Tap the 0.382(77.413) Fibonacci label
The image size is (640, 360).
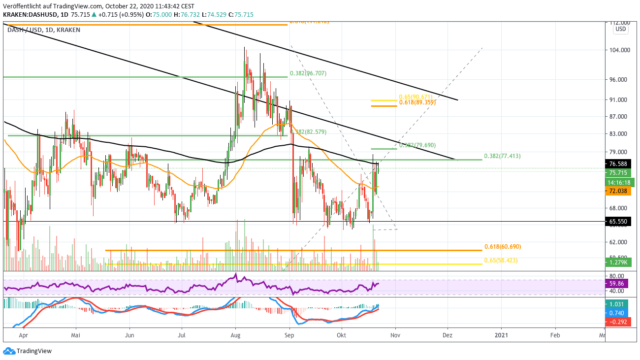[x=502, y=156]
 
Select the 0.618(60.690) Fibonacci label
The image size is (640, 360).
[x=502, y=247]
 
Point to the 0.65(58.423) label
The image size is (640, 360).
[x=501, y=261]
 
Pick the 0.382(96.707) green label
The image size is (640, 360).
[x=308, y=73]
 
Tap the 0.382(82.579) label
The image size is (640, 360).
[x=309, y=132]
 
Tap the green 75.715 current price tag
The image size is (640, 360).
[x=619, y=173]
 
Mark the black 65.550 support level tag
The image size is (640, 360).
[x=619, y=222]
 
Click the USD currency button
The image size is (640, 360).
[x=620, y=29]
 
